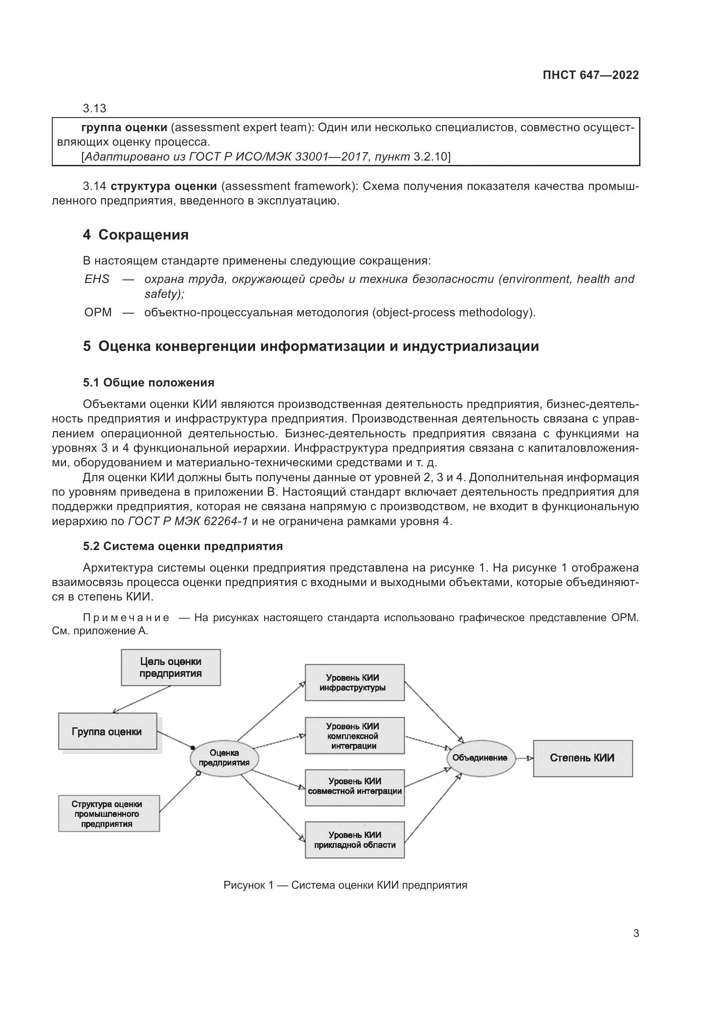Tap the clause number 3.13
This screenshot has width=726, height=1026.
pyautogui.click(x=94, y=108)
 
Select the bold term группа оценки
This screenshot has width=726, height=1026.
pyautogui.click(x=124, y=128)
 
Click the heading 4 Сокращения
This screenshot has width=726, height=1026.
pyautogui.click(x=136, y=235)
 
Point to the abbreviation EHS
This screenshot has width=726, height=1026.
pyautogui.click(x=97, y=279)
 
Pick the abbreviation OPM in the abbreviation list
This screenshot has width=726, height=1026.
pyautogui.click(x=98, y=312)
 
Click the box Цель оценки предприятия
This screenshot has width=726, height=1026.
pyautogui.click(x=171, y=667)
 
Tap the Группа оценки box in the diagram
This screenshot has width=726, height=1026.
pyautogui.click(x=107, y=731)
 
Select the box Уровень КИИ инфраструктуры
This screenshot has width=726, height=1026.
pyautogui.click(x=355, y=683)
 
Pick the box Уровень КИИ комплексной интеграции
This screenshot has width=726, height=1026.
pyautogui.click(x=355, y=736)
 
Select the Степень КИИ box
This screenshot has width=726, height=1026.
pyautogui.click(x=582, y=758)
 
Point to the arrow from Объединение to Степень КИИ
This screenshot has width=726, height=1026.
pyautogui.click(x=525, y=758)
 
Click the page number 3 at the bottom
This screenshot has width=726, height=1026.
pyautogui.click(x=636, y=933)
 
